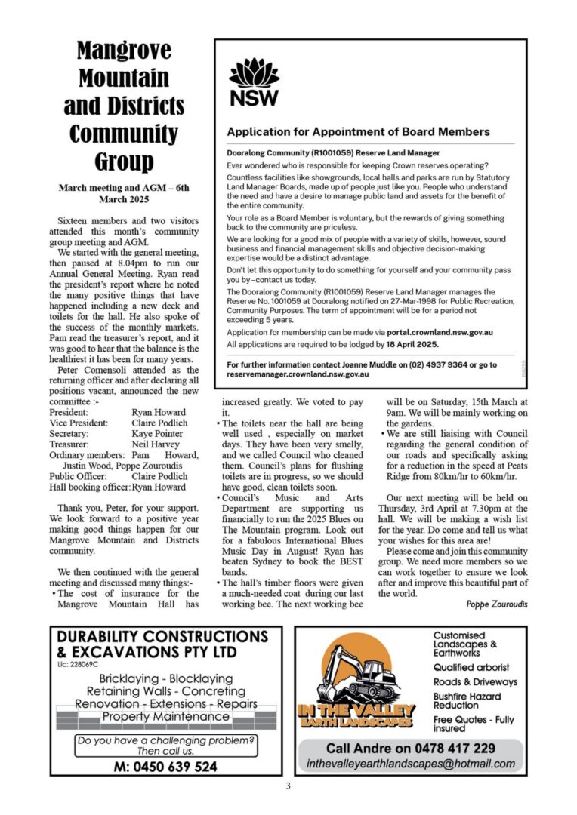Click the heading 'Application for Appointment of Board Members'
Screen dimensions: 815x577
358,131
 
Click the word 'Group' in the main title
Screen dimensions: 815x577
124,161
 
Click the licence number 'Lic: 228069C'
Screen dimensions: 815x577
78,665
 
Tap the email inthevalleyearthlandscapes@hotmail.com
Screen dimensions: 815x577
411,764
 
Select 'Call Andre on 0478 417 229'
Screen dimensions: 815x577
411,749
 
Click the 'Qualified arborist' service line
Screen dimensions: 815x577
471,667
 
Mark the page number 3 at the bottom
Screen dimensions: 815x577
288,787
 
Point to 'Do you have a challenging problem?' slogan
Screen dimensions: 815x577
165,740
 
